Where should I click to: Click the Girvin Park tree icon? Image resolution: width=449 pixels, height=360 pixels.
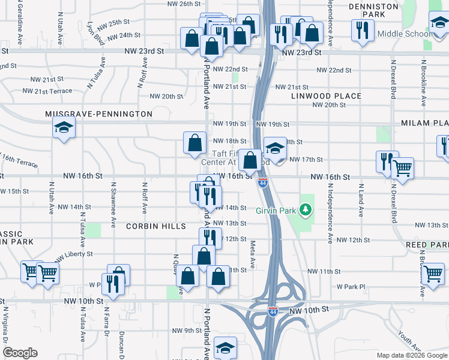click(306, 209)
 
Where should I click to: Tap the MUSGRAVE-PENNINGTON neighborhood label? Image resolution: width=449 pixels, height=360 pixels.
click(99, 113)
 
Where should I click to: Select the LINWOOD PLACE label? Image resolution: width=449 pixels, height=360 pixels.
click(327, 96)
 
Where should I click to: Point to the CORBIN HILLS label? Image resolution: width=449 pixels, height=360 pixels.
click(154, 226)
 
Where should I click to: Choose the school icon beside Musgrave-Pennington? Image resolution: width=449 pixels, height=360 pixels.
click(63, 128)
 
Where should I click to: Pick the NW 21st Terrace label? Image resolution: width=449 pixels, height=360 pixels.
click(47, 91)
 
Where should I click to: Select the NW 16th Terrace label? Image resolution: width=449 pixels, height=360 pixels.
click(19, 160)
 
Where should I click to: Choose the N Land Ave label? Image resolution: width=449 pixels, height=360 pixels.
click(361, 200)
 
